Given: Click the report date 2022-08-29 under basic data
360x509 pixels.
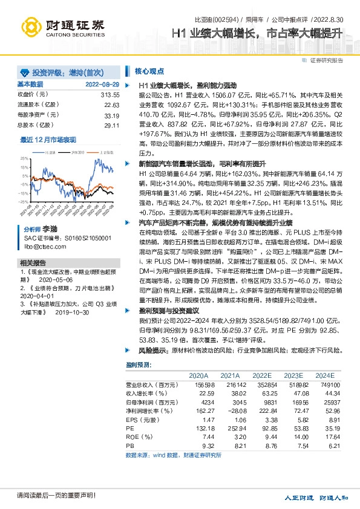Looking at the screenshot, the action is (102, 84).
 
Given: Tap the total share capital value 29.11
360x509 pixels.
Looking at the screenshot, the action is (112, 125).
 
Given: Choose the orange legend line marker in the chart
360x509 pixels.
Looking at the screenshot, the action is (93, 152).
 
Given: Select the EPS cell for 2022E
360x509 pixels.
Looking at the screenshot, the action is (270, 418).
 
